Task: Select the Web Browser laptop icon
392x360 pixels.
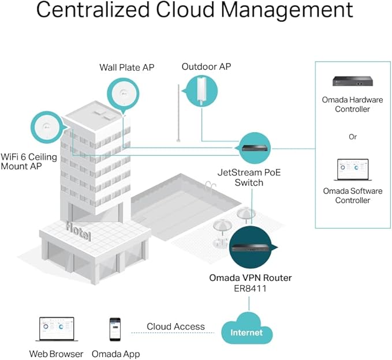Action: pyautogui.click(x=57, y=329)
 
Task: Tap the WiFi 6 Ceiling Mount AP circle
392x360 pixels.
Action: pyautogui.click(x=43, y=129)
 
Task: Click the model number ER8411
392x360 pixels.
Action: pyautogui.click(x=250, y=288)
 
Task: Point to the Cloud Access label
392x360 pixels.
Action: pyautogui.click(x=176, y=327)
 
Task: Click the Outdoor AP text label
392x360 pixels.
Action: pyautogui.click(x=206, y=67)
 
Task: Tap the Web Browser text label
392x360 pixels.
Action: pyautogui.click(x=57, y=354)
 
